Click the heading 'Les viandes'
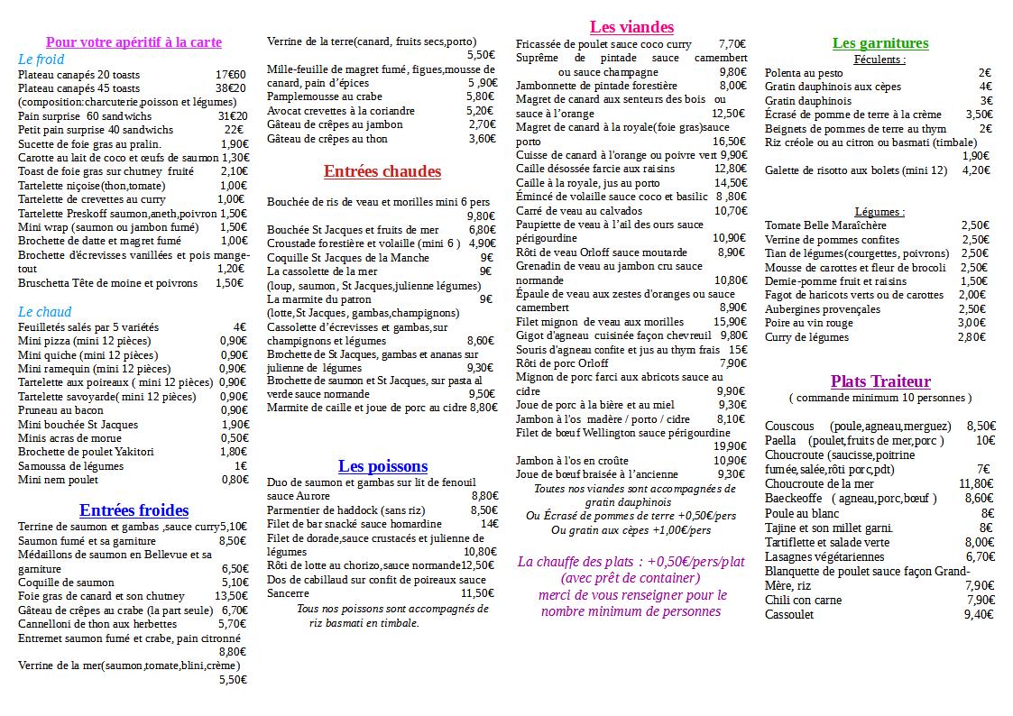point(631,27)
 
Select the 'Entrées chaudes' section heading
point(382,171)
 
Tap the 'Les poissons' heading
point(382,466)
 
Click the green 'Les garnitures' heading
point(879,43)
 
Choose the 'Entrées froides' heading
point(134,511)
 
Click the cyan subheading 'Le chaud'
point(44,312)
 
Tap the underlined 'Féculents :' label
point(879,60)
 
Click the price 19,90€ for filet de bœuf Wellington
point(730,445)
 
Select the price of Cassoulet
point(979,614)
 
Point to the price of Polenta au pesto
point(984,73)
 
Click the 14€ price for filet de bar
point(489,523)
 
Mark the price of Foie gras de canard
point(231,596)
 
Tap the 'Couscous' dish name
point(789,426)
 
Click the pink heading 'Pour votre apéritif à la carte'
point(134,42)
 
